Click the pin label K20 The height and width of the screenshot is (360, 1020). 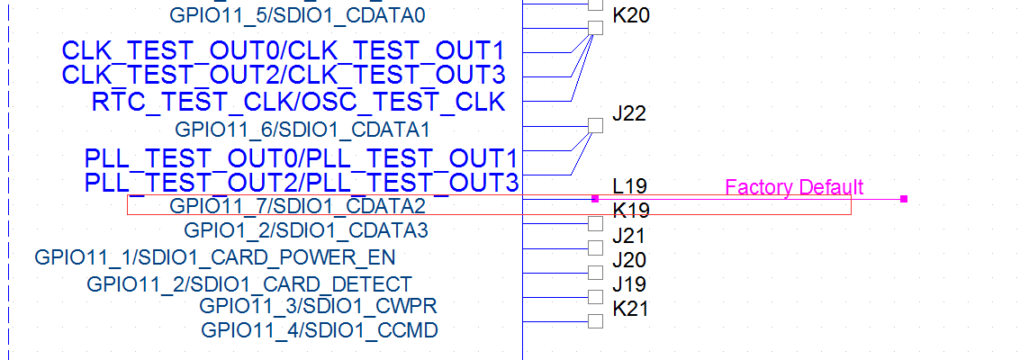(x=630, y=16)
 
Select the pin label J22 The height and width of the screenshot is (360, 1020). (x=629, y=114)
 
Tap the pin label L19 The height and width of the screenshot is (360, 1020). (x=630, y=187)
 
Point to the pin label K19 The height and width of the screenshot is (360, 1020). (x=631, y=211)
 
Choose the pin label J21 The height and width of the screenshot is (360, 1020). (x=629, y=237)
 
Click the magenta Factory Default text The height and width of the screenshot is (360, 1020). (x=794, y=187)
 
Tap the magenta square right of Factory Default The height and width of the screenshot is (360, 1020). (x=903, y=198)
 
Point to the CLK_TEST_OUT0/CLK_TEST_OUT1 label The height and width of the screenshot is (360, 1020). (x=283, y=49)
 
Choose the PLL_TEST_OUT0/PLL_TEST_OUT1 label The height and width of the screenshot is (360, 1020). (x=302, y=158)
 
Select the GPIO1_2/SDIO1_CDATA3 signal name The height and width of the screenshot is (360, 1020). (x=305, y=231)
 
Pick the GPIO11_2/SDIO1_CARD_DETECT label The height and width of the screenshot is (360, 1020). (x=249, y=284)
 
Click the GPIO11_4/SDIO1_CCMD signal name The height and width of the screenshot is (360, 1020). (x=320, y=330)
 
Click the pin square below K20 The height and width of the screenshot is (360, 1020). (x=595, y=28)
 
